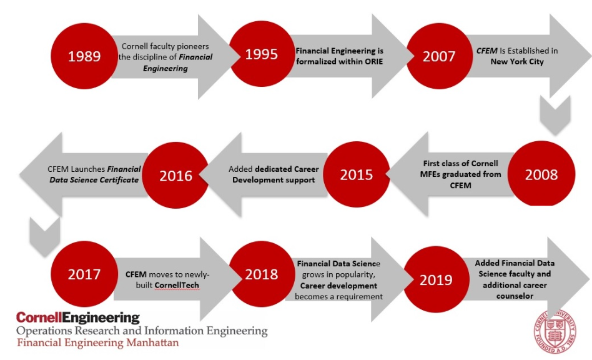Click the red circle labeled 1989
point(84,56)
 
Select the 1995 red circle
point(262,54)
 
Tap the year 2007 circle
point(439,56)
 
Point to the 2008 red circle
point(541,174)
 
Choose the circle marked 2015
point(357,174)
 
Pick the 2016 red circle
point(175,175)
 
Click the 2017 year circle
point(84,274)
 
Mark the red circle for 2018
point(262,274)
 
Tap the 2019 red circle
point(436,279)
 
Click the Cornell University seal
point(555,332)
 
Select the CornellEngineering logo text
point(78,317)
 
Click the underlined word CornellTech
point(177,285)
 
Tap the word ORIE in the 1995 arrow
point(374,62)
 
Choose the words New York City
point(517,62)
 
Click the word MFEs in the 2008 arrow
point(430,174)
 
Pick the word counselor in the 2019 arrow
point(515,296)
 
